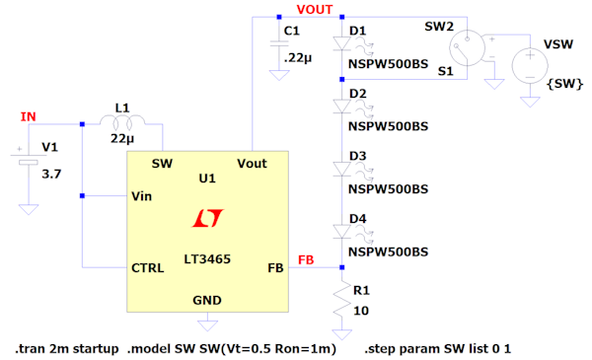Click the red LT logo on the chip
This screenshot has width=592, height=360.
(207, 218)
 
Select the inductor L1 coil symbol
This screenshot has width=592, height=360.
(122, 121)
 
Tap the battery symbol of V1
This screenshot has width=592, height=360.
(29, 159)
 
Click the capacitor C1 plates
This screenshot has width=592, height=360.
(279, 43)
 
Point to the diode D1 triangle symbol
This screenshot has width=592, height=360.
(341, 43)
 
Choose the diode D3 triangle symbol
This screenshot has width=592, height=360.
(341, 169)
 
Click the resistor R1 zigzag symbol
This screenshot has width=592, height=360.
(341, 299)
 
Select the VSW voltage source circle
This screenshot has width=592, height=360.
(530, 65)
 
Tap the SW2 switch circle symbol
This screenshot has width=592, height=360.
(467, 48)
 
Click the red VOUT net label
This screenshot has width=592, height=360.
(315, 10)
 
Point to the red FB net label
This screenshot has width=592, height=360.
(306, 259)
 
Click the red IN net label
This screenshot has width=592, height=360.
(29, 116)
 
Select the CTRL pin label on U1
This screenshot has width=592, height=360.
(148, 268)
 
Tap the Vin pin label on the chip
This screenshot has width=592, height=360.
(141, 196)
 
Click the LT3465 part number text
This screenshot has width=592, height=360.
(207, 258)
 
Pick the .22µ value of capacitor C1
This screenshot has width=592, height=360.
(298, 58)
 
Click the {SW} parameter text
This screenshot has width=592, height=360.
(564, 84)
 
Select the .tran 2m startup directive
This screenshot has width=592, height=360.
(67, 349)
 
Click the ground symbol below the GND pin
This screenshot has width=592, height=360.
(207, 325)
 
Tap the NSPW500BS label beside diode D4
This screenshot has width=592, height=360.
(388, 252)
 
